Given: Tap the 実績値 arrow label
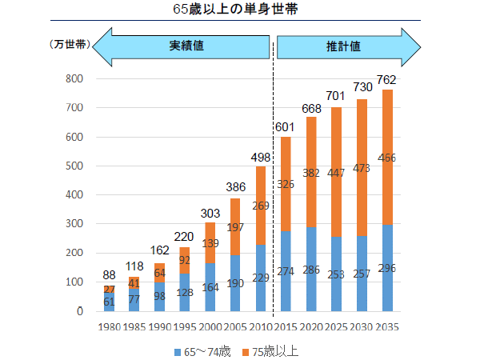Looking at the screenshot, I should click(186, 46).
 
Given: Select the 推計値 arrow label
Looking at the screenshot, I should click(343, 46).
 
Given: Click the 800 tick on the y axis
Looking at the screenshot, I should click(74, 78).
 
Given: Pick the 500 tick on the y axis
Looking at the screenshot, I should click(74, 166).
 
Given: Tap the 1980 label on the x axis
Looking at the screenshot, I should click(109, 326).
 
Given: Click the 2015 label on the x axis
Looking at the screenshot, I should click(285, 326).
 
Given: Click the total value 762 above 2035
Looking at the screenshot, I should click(386, 80).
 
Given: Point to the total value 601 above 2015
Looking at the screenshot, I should click(286, 127).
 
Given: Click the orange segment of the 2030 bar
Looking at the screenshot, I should click(361, 152).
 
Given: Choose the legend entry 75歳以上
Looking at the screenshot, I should click(274, 350).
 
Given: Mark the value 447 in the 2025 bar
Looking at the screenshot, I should click(336, 173).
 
